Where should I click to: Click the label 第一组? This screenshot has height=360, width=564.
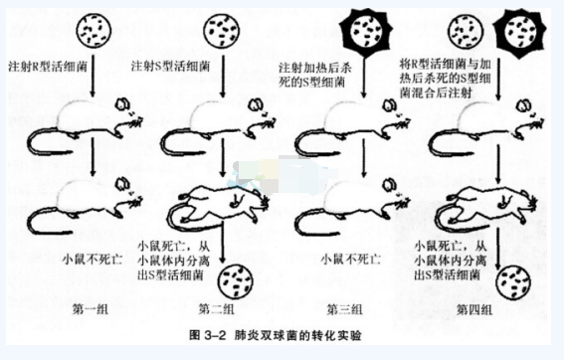click(x=90, y=309)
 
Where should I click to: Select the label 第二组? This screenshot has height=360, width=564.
click(x=217, y=309)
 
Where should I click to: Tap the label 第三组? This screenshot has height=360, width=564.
click(x=344, y=309)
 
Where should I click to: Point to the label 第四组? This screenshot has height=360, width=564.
click(x=474, y=309)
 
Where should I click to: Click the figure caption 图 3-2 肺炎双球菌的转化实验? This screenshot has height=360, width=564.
click(x=276, y=335)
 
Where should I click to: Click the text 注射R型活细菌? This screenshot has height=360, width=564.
click(x=48, y=67)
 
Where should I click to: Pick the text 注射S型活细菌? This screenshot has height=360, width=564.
click(x=170, y=67)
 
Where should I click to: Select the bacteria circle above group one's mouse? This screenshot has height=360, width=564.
click(x=94, y=30)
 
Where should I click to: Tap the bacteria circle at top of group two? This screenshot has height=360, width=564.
click(x=222, y=31)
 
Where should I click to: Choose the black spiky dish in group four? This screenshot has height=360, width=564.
click(x=519, y=32)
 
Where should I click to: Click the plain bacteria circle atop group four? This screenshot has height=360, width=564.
click(x=466, y=31)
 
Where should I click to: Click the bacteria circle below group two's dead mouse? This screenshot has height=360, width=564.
click(x=236, y=281)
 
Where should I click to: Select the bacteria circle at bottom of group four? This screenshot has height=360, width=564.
click(x=513, y=282)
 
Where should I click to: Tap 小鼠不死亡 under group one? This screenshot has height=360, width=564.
click(x=93, y=259)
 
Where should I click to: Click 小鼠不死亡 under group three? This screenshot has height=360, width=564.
click(x=351, y=259)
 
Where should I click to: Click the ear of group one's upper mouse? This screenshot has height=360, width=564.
click(x=122, y=104)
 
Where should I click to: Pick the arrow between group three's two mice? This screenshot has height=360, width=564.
click(x=364, y=157)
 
